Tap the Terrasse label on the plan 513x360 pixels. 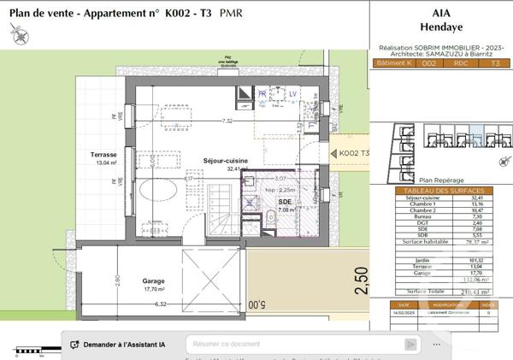pyautogui.click(x=104, y=155)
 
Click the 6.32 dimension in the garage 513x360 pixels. pyautogui.click(x=160, y=304)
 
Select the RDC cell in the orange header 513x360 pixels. pyautogui.click(x=460, y=62)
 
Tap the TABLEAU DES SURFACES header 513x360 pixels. pyautogui.click(x=441, y=190)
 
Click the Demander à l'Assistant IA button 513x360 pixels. pyautogui.click(x=119, y=345)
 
